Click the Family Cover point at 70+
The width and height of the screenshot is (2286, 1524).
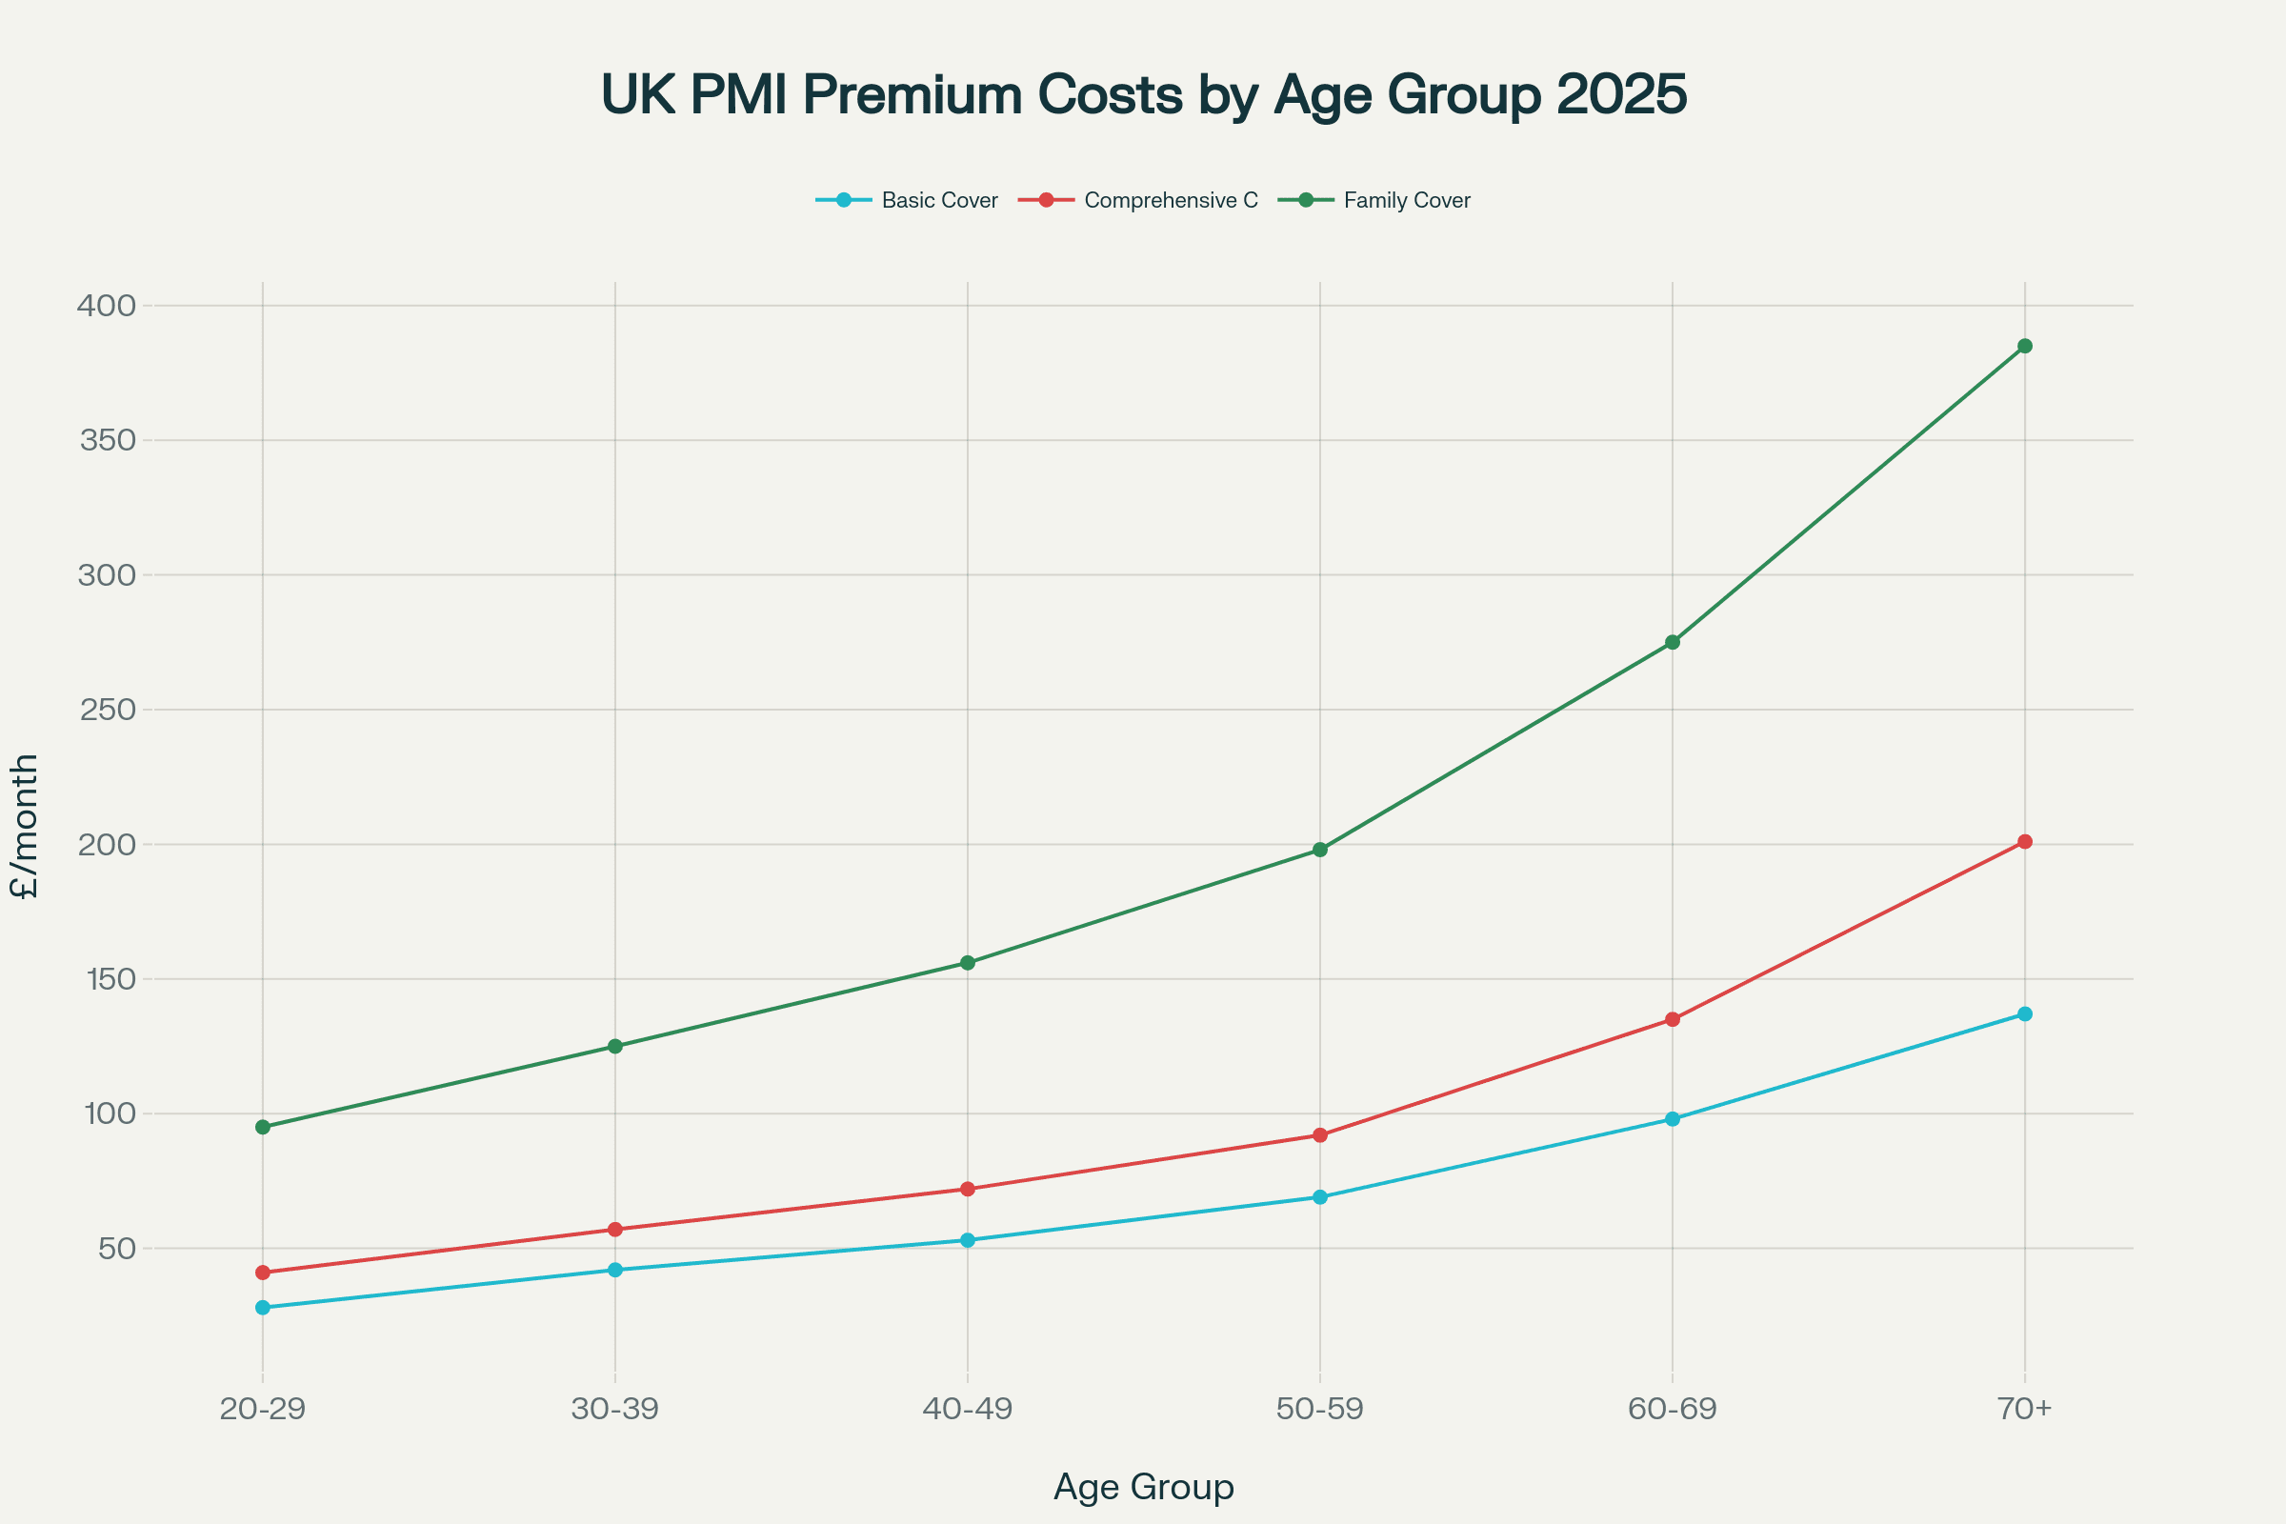click(2025, 346)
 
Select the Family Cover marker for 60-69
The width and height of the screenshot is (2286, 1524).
click(1673, 642)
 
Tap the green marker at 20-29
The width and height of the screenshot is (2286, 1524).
click(263, 1128)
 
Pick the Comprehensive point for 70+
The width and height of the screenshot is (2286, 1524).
click(2025, 842)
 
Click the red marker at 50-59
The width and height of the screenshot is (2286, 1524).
click(1320, 1135)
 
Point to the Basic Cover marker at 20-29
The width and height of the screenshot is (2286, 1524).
click(263, 1307)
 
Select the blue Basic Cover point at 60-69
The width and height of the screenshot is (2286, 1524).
click(1673, 1118)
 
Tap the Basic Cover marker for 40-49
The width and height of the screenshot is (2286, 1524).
click(967, 1240)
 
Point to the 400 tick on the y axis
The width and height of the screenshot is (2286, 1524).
click(107, 306)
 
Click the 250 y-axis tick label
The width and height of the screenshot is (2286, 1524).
click(107, 710)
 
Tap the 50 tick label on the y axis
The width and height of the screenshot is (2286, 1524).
click(116, 1248)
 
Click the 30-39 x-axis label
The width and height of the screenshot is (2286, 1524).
click(614, 1410)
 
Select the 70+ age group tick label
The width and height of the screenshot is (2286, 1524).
click(2025, 1410)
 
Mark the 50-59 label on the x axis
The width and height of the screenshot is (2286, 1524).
click(1320, 1410)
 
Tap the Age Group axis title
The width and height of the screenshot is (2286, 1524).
click(1143, 1487)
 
